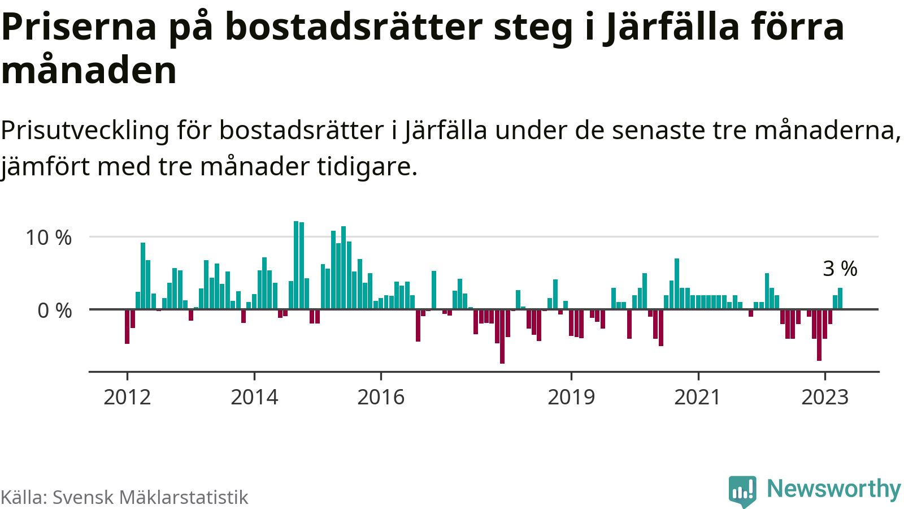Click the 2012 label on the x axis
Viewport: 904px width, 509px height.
[127, 397]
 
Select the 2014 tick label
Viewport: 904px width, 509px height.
[254, 397]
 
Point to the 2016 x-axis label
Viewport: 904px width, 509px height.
[381, 397]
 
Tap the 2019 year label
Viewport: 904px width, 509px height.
[571, 397]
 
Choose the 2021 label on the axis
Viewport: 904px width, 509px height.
[698, 397]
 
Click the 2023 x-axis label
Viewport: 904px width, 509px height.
[825, 397]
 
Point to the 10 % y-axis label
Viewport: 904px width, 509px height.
[49, 238]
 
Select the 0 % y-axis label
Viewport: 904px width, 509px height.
[55, 310]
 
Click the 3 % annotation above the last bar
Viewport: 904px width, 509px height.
[840, 269]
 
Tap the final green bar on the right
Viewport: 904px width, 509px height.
[840, 299]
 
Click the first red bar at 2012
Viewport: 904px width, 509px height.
[127, 326]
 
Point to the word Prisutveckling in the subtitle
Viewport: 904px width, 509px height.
[85, 131]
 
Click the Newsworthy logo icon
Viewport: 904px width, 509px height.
[742, 490]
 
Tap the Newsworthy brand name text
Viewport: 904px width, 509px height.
[833, 488]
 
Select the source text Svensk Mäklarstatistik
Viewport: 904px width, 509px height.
[150, 497]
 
